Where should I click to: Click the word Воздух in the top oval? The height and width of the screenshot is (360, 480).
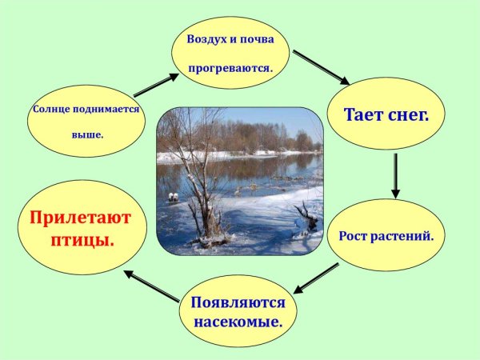[205, 38]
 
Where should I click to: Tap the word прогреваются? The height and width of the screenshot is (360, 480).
[230, 69]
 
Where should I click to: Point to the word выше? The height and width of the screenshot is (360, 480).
[87, 134]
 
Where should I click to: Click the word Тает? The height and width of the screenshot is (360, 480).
[365, 114]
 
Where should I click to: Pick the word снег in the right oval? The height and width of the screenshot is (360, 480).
[409, 114]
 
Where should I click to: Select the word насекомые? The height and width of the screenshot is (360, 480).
[238, 322]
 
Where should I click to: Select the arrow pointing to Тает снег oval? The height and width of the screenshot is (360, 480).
[321, 67]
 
